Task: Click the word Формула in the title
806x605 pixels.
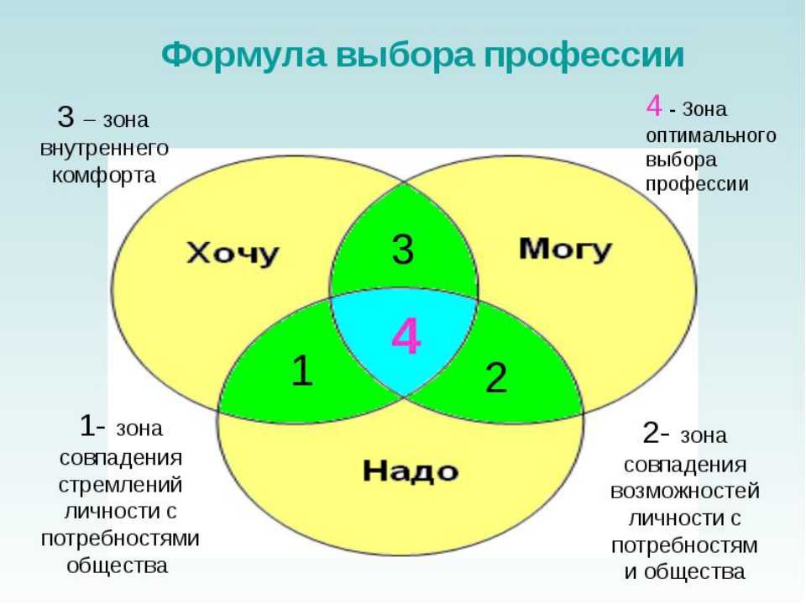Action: click(x=243, y=55)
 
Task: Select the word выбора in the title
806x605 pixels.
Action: click(x=405, y=54)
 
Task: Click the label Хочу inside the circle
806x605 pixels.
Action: click(x=233, y=254)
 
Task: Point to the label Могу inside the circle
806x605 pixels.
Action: click(x=565, y=250)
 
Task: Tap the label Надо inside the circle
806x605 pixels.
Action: click(x=411, y=471)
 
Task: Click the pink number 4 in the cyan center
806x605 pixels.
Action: click(x=406, y=336)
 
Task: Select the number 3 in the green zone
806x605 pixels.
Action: click(x=402, y=249)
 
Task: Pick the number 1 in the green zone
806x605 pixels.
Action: click(x=301, y=371)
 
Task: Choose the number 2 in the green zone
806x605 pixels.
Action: click(x=496, y=377)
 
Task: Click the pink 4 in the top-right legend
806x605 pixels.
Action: click(x=654, y=106)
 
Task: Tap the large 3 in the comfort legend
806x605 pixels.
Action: click(x=65, y=116)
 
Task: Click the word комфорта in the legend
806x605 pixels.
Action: click(x=104, y=176)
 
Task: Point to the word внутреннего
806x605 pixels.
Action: click(x=104, y=149)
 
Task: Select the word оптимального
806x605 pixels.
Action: click(x=711, y=136)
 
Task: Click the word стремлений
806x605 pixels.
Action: click(x=120, y=485)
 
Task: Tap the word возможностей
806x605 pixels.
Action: click(x=685, y=491)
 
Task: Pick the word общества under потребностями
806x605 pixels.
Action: click(x=118, y=566)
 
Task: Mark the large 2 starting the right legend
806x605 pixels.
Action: click(x=652, y=433)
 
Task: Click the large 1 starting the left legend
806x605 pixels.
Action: click(x=88, y=426)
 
